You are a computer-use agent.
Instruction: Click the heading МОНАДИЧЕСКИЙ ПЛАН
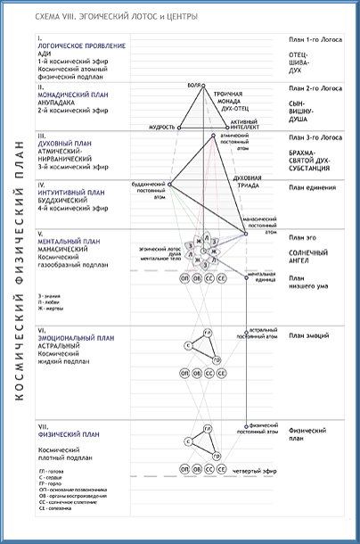pos(72,93)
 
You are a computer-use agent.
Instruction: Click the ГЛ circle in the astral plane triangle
pos(207,333)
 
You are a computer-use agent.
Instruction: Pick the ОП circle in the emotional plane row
pos(183,372)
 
